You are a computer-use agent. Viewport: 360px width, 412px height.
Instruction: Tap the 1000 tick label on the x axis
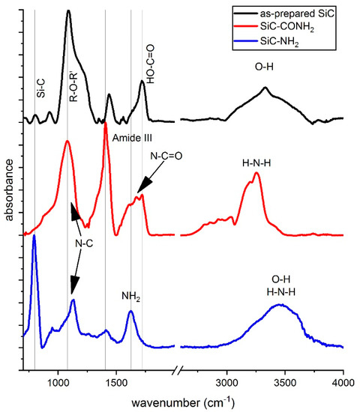click(58, 384)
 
